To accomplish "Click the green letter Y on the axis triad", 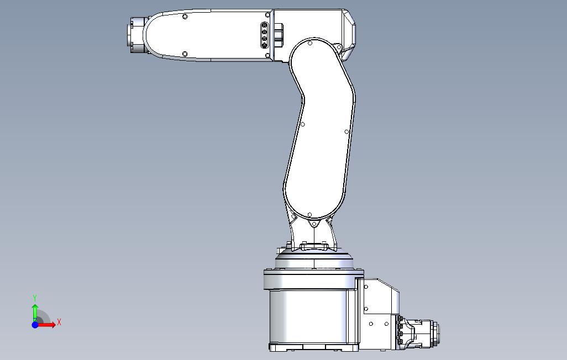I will tap(35, 298).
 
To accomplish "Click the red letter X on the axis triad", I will tap(59, 322).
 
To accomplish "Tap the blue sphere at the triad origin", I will tap(35, 325).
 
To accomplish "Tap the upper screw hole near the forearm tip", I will tap(185, 17).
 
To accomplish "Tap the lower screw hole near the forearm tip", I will tap(185, 54).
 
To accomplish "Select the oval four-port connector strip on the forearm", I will tap(264, 36).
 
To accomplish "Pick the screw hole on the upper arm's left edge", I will tap(303, 124).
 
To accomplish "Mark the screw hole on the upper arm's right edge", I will tap(347, 132).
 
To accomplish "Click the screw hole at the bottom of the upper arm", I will tap(310, 214).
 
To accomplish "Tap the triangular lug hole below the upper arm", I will tap(313, 225).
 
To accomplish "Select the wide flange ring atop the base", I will tap(312, 272).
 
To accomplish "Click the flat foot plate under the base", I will tap(313, 348).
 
